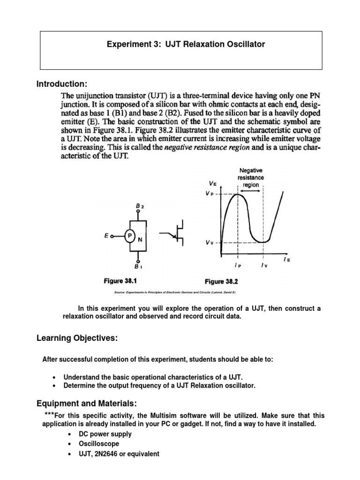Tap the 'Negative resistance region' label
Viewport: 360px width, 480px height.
[x=251, y=178]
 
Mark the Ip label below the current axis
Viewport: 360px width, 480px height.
[x=238, y=265]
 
